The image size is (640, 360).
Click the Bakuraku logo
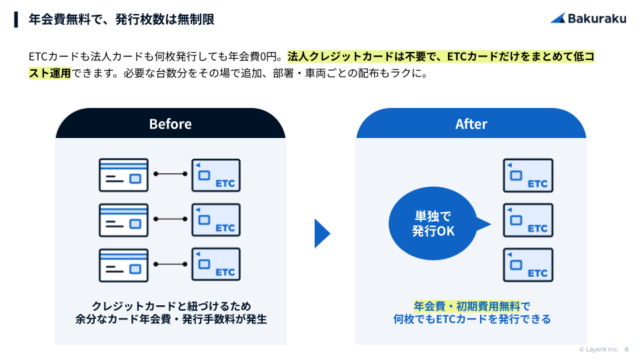588,19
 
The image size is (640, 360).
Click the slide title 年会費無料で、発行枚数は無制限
121,19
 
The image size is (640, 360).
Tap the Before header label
170,124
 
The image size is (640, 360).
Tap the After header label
471,124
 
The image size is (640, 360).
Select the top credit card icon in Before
124,175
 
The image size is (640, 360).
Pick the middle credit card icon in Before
124,220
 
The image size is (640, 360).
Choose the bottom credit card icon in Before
124,265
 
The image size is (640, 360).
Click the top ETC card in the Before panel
216,175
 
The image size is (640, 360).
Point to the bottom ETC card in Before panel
216,265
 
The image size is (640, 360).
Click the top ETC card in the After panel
528,175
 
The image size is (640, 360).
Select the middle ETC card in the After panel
528,220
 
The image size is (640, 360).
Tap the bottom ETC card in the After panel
528,265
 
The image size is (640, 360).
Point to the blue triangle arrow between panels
321,233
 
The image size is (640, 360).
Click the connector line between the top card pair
170,174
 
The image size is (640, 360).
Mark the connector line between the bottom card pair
170,264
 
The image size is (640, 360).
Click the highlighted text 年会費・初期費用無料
467,306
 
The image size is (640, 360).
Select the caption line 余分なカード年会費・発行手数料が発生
171,319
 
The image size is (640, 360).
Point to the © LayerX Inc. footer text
599,349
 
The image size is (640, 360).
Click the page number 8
627,349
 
